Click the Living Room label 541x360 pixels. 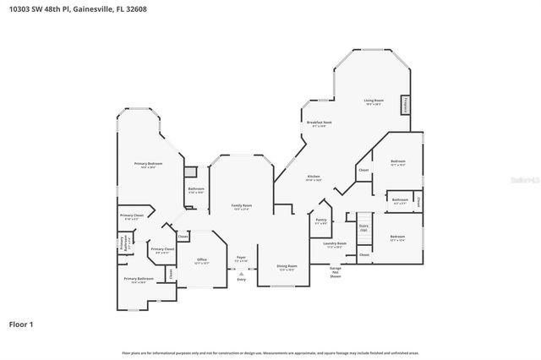click(x=373, y=102)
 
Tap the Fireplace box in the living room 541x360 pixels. click(x=406, y=105)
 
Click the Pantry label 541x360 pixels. click(x=320, y=221)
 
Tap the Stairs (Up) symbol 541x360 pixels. click(x=363, y=226)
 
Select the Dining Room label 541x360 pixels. click(x=287, y=268)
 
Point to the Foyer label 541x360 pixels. click(x=241, y=258)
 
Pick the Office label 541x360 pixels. click(x=202, y=261)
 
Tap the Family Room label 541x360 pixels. click(x=242, y=207)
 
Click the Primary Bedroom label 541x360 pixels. click(x=148, y=165)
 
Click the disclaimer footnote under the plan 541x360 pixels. click(x=270, y=352)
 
